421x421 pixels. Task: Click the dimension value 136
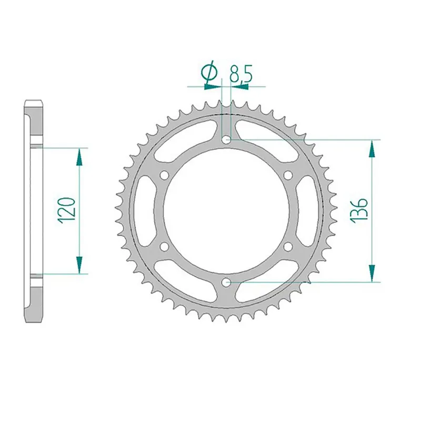tap(362, 210)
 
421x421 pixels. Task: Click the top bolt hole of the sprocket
tap(227, 140)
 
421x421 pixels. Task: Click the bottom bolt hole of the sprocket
tap(227, 282)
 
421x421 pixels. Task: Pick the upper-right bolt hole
tap(289, 175)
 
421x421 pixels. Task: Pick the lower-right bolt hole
tap(289, 246)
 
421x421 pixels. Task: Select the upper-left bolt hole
tap(165, 175)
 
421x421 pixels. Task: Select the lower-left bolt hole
tap(165, 246)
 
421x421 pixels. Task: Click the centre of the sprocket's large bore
tap(227, 210)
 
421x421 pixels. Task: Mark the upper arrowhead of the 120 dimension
tap(79, 156)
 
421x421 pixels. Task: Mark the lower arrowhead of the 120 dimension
tap(79, 265)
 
